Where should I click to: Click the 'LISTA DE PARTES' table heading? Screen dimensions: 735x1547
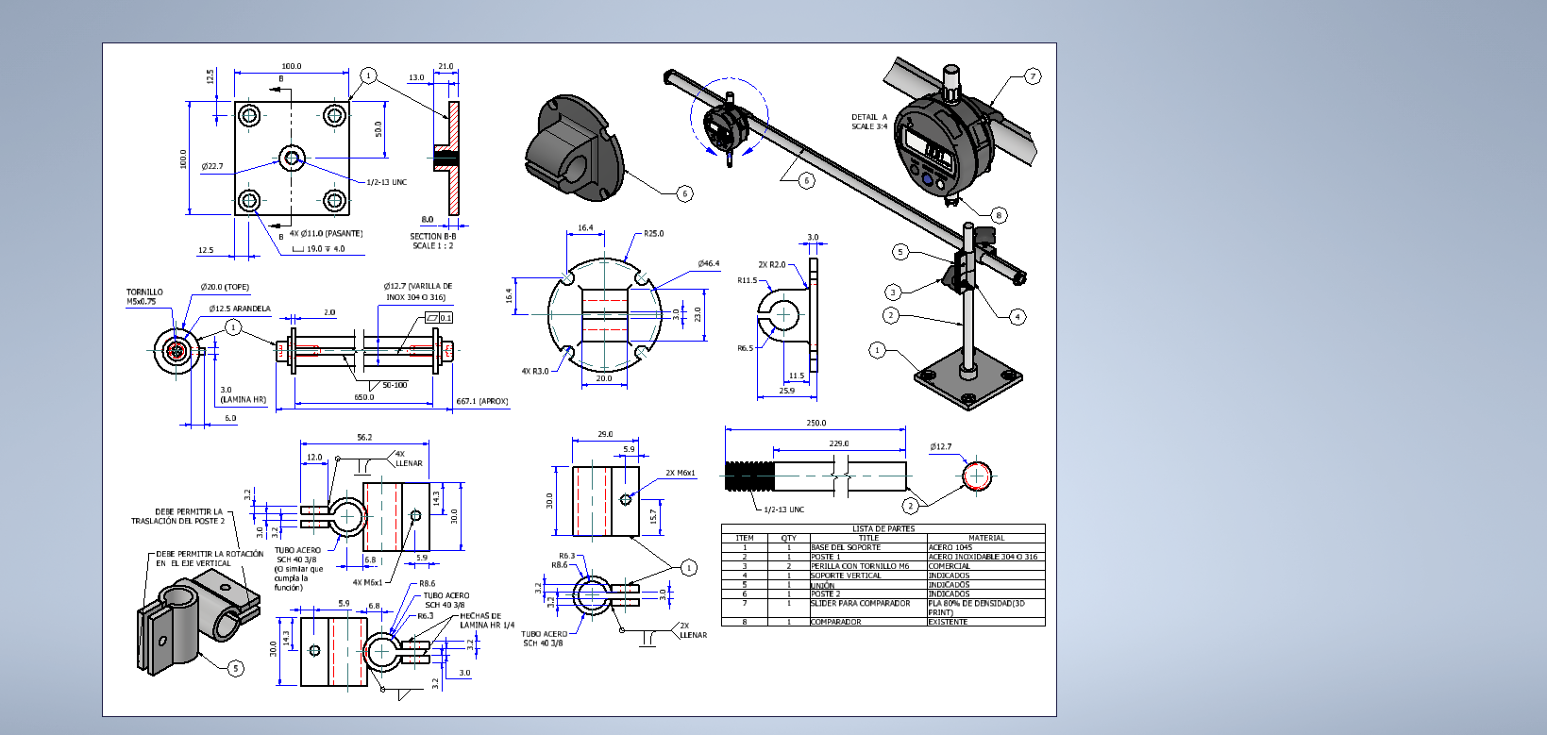pyautogui.click(x=883, y=528)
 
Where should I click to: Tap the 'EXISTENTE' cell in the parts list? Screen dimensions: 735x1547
pyautogui.click(x=948, y=622)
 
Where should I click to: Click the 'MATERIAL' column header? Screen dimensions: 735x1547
pyautogui.click(x=986, y=538)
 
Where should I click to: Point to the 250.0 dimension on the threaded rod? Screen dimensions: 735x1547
pyautogui.click(x=816, y=423)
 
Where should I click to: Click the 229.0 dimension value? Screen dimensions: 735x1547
pyautogui.click(x=838, y=443)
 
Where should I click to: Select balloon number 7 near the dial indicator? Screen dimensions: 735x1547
pyautogui.click(x=1033, y=76)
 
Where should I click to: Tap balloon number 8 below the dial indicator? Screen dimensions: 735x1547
pyautogui.click(x=999, y=215)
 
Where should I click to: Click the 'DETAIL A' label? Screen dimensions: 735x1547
pyautogui.click(x=869, y=118)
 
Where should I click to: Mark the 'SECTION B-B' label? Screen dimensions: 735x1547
pyautogui.click(x=432, y=237)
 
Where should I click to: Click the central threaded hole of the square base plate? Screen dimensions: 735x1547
pyautogui.click(x=292, y=158)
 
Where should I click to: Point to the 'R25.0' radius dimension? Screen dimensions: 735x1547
pyautogui.click(x=653, y=233)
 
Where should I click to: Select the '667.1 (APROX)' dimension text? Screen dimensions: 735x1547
pyautogui.click(x=481, y=401)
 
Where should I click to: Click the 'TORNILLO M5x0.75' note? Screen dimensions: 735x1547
pyautogui.click(x=144, y=296)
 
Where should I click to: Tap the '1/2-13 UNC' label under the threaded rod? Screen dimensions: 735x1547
pyautogui.click(x=783, y=509)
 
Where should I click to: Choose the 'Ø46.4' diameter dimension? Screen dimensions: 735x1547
pyautogui.click(x=708, y=263)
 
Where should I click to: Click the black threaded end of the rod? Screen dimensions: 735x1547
pyautogui.click(x=749, y=476)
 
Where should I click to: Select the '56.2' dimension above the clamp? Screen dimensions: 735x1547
pyautogui.click(x=364, y=437)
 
